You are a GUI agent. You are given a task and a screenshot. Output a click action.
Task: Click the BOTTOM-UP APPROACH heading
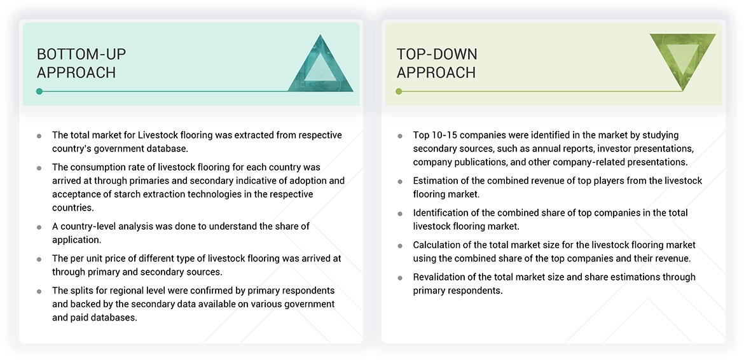[x=76, y=63]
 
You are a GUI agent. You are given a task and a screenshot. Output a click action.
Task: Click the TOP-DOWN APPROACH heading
[x=437, y=63]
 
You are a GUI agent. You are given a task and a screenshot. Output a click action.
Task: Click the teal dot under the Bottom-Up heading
[x=39, y=92]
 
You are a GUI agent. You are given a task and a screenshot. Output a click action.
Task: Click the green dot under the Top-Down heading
[x=399, y=92]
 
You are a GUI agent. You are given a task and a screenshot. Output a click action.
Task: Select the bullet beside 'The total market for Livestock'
[x=39, y=136]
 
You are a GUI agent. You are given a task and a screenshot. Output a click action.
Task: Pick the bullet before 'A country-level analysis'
[x=39, y=227]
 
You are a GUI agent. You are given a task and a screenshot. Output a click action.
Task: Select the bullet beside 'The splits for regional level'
[x=39, y=291]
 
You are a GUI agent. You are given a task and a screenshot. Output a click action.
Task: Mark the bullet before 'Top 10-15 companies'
[x=399, y=136]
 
